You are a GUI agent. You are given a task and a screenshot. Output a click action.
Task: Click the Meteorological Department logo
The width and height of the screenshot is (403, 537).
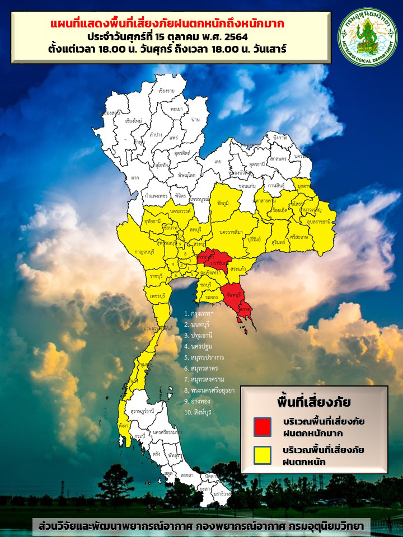(x=367, y=37)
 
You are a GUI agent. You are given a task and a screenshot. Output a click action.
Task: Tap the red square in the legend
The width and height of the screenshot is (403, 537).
(x=262, y=426)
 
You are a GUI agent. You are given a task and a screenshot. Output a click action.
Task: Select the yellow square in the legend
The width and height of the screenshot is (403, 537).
(x=262, y=455)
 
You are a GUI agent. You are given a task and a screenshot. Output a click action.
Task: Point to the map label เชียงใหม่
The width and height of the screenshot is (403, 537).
(x=134, y=120)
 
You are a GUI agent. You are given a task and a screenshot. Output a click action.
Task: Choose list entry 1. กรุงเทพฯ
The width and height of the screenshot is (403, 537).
(x=203, y=314)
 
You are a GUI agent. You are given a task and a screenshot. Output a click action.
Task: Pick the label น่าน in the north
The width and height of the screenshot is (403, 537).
(x=195, y=120)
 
